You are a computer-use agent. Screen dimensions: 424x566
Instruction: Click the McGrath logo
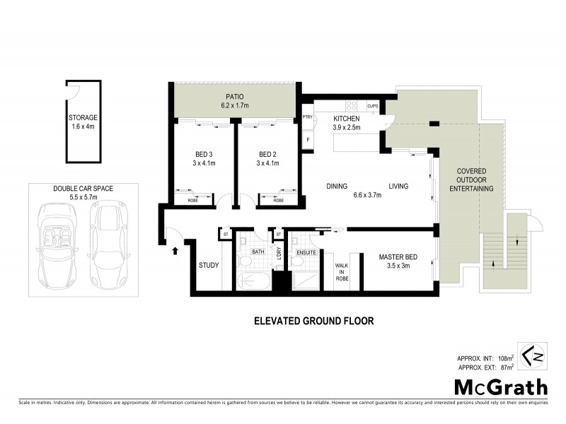pyautogui.click(x=501, y=387)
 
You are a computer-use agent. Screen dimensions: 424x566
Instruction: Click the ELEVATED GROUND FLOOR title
pyautogui.click(x=313, y=321)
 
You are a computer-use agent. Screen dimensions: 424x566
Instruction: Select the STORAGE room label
pyautogui.click(x=83, y=117)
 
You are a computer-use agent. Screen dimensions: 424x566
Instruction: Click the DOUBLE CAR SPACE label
pyautogui.click(x=83, y=189)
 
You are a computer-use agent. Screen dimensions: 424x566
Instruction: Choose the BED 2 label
pyautogui.click(x=266, y=155)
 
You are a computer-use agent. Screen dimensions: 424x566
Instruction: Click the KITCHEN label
pyautogui.click(x=347, y=118)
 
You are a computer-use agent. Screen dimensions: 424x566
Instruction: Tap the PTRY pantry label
pyautogui.click(x=307, y=117)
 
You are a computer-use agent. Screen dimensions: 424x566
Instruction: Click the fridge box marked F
pyautogui.click(x=307, y=140)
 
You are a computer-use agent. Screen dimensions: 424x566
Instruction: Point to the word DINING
pyautogui.click(x=337, y=187)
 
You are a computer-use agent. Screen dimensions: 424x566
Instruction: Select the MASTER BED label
pyautogui.click(x=395, y=257)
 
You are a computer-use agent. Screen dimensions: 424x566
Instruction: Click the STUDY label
pyautogui.click(x=209, y=266)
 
